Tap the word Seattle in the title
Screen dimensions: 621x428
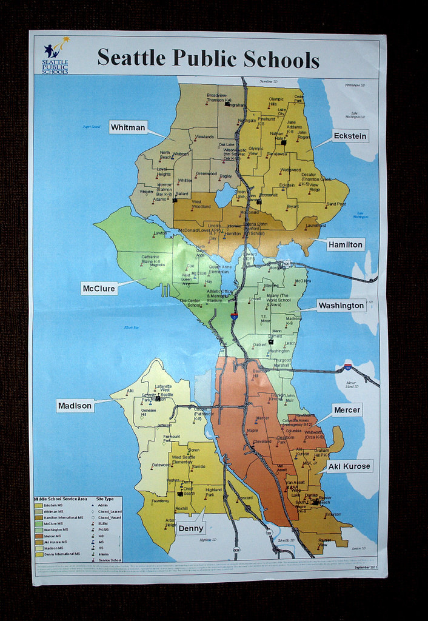click(132, 58)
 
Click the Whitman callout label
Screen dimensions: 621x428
click(128, 127)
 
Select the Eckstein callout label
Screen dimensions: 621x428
click(350, 136)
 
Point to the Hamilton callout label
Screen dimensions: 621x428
click(345, 244)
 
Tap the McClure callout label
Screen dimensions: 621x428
click(98, 289)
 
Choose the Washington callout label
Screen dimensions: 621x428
click(341, 305)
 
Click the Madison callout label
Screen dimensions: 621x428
click(75, 406)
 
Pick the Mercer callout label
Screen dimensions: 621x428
click(347, 410)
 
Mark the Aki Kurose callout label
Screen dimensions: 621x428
click(349, 466)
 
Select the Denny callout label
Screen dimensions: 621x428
click(191, 528)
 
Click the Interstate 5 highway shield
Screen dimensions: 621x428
click(234, 316)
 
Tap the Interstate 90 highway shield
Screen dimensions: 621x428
click(348, 366)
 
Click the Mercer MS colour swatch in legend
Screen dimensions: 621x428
click(39, 535)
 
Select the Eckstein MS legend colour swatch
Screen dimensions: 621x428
click(39, 505)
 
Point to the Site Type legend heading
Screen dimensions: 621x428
click(106, 499)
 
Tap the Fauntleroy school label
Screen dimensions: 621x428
click(160, 501)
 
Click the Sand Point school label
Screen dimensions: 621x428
click(336, 204)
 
